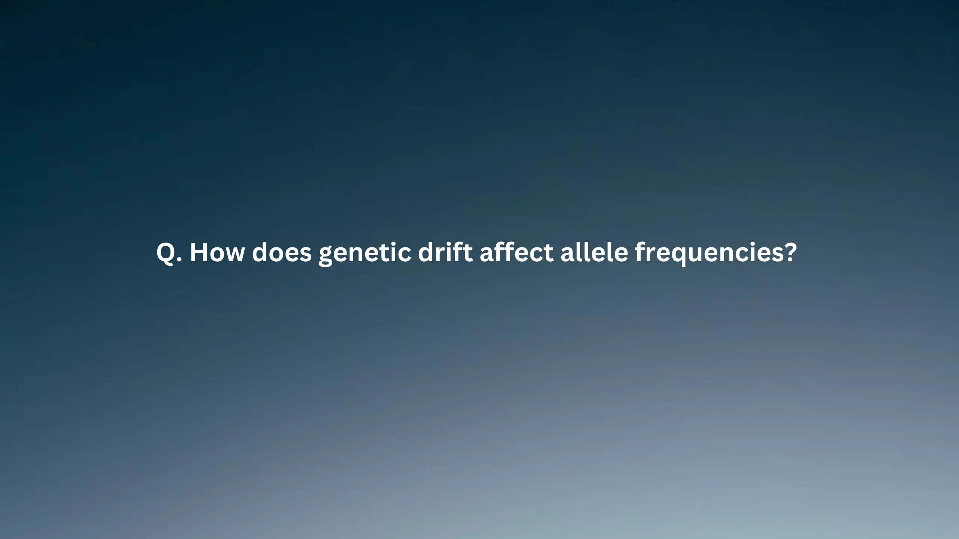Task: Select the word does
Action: click(282, 252)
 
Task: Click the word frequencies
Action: click(708, 254)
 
